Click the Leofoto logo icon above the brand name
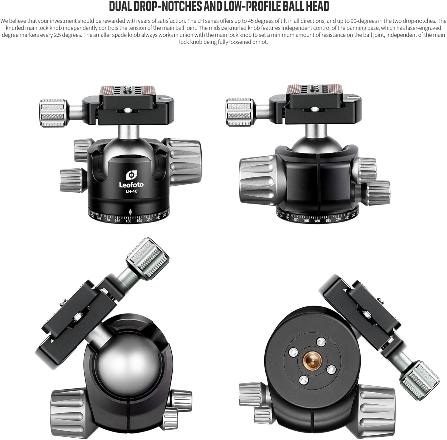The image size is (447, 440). [131, 175]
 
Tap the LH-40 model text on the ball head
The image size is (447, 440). [131, 191]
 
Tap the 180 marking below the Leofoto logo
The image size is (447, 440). [128, 221]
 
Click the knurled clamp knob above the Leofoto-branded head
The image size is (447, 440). [53, 113]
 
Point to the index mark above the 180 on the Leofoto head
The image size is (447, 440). [130, 212]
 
